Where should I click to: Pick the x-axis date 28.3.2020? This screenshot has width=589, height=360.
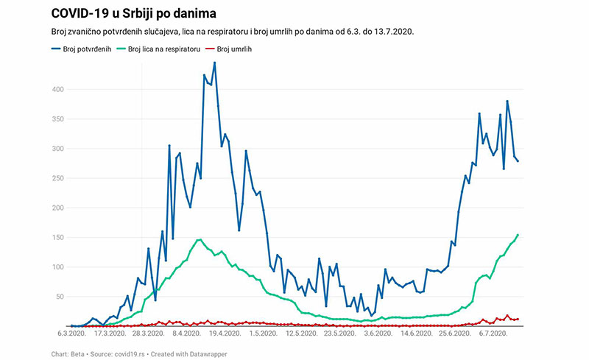point(146,333)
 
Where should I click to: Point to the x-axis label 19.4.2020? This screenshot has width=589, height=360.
point(224,333)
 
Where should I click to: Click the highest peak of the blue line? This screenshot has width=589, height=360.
point(214,63)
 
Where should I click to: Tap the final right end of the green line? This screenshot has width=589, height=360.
point(518,235)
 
